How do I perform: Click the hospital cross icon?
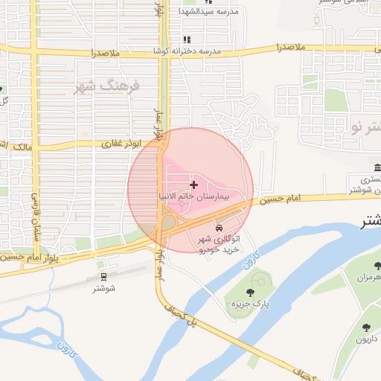[194, 184]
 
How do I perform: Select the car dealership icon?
[219, 227]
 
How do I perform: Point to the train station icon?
[103, 275]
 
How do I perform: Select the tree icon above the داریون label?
[365, 327]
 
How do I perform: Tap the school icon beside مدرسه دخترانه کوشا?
[187, 39]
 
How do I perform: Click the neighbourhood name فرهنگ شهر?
[107, 86]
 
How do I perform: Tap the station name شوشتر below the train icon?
[103, 289]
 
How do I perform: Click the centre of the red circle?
[190, 190]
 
